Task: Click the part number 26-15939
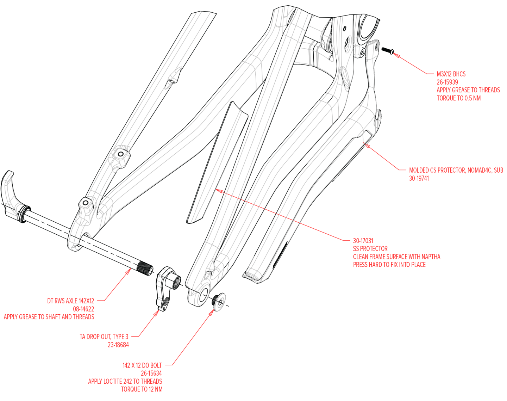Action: point(447,82)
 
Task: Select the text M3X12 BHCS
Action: point(451,74)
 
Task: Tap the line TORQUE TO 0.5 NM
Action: point(458,98)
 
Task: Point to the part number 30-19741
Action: point(419,178)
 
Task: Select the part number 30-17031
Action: point(363,241)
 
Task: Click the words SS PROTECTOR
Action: point(370,248)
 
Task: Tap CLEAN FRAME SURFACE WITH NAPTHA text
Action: point(396,257)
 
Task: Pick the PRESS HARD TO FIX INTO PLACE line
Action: point(389,265)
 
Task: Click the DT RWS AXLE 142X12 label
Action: point(71,301)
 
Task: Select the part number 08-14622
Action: point(83,309)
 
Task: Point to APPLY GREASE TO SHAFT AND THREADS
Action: point(49,317)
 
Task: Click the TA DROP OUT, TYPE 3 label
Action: point(104,337)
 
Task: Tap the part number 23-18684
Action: point(118,345)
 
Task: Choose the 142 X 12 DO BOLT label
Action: point(142,365)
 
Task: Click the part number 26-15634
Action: point(151,373)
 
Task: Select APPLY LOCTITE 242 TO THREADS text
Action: point(125,381)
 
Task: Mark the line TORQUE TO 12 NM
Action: point(142,389)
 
